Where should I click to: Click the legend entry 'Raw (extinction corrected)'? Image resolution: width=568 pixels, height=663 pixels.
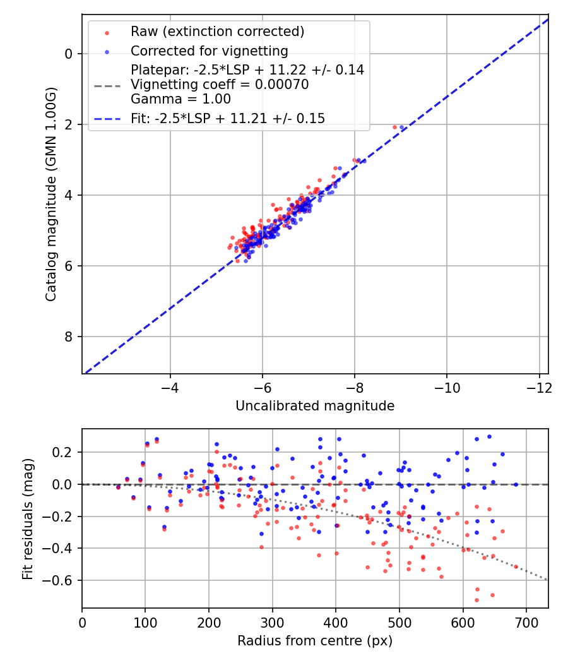click(217, 32)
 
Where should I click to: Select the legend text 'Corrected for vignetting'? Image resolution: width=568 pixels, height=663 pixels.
click(209, 51)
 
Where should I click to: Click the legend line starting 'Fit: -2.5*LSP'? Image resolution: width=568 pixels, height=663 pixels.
click(227, 119)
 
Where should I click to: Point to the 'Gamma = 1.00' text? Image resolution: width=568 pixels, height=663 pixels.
click(180, 99)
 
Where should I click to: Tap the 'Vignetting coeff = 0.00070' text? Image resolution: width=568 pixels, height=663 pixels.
click(220, 85)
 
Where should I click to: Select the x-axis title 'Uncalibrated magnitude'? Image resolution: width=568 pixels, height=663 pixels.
click(315, 406)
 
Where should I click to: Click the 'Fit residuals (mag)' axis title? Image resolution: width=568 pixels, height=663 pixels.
click(28, 518)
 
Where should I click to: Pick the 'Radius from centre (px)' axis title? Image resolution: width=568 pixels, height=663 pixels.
click(315, 641)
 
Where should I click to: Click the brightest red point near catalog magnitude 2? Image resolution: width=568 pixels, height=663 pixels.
click(395, 127)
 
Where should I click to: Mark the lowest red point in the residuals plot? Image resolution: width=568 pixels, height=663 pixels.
click(476, 600)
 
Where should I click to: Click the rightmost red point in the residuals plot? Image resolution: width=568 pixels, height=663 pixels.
click(516, 566)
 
